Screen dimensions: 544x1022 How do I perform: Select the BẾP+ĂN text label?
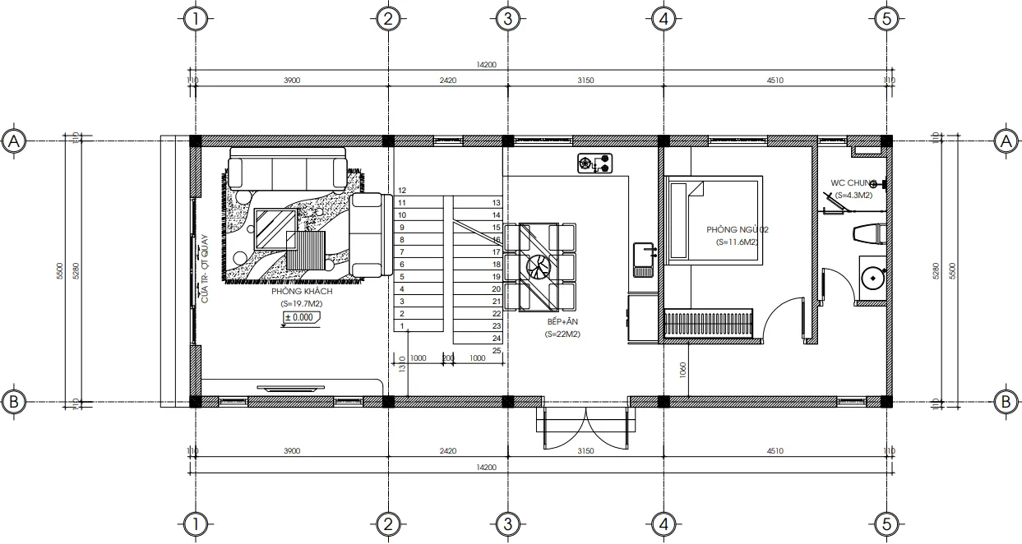[x=562, y=323]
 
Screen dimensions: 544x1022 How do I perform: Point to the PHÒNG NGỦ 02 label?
[x=737, y=230]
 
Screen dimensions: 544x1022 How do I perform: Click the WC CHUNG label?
[x=853, y=183]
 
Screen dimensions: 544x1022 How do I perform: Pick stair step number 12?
[x=401, y=190]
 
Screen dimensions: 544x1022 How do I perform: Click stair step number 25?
[x=497, y=351]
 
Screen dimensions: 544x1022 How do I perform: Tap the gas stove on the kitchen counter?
[x=595, y=164]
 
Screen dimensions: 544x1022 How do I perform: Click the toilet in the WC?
[x=867, y=233]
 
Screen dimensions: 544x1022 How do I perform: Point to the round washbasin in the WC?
[x=871, y=278]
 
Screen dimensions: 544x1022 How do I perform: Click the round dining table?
[x=539, y=266]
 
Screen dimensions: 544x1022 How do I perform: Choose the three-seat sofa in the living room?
[x=287, y=169]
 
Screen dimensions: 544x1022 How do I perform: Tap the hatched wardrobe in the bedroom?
[x=708, y=322]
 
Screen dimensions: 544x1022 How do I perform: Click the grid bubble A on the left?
[x=13, y=141]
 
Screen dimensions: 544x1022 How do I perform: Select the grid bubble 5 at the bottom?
[x=886, y=523]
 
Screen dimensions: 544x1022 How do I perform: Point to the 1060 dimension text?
[x=683, y=368]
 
